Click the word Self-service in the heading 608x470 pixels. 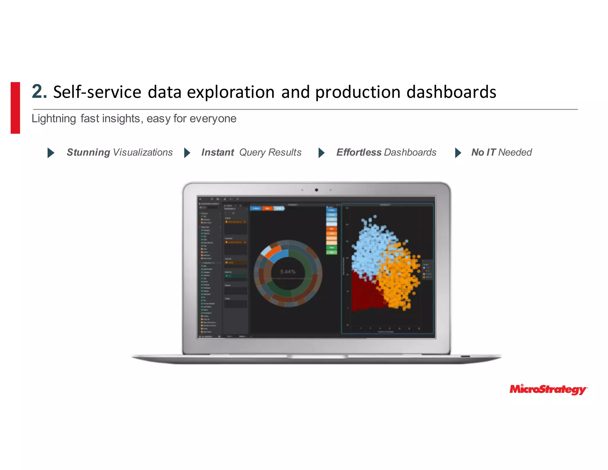tap(97, 92)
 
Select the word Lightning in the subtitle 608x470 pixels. tap(54, 119)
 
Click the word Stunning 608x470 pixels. tap(88, 152)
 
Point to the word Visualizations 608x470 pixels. tap(143, 152)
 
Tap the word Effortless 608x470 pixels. tap(359, 152)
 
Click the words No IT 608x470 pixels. tap(483, 152)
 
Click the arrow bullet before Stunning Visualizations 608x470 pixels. tap(51, 153)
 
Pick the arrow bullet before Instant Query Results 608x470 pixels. tap(187, 153)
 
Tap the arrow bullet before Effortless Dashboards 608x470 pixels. tap(321, 153)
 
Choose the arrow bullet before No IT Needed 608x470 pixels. tap(458, 153)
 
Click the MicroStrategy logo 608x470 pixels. tap(548, 389)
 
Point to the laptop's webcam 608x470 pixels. tap(316, 190)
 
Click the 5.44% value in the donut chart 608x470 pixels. tap(288, 272)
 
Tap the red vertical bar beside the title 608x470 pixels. tap(15, 108)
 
